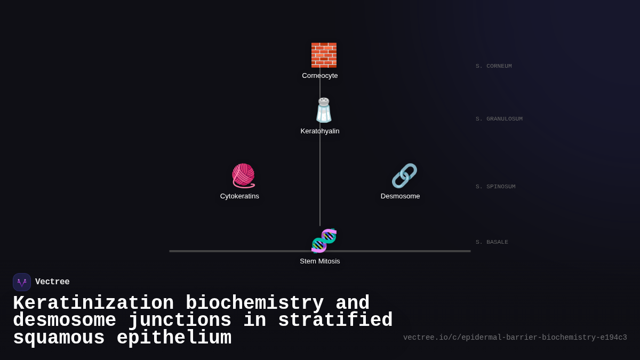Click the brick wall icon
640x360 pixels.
point(324,55)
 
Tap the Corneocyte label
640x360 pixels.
point(320,76)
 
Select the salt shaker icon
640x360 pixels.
point(324,110)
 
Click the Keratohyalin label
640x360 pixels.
point(320,131)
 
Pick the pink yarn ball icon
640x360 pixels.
point(243,175)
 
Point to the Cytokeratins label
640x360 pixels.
point(239,196)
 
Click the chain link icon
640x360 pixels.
point(404,175)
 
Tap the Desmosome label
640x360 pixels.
point(400,196)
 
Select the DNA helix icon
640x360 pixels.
point(324,241)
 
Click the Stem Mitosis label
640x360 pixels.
point(320,261)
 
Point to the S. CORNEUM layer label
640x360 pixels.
point(493,66)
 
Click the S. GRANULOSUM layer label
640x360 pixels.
point(499,119)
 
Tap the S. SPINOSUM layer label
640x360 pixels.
point(495,187)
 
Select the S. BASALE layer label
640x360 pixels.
point(492,242)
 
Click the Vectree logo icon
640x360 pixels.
point(22,282)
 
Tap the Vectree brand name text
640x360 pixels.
point(52,282)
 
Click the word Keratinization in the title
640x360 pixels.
point(93,303)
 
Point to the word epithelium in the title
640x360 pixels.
point(174,338)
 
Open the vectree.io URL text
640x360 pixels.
point(515,338)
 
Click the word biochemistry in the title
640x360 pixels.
point(254,303)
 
